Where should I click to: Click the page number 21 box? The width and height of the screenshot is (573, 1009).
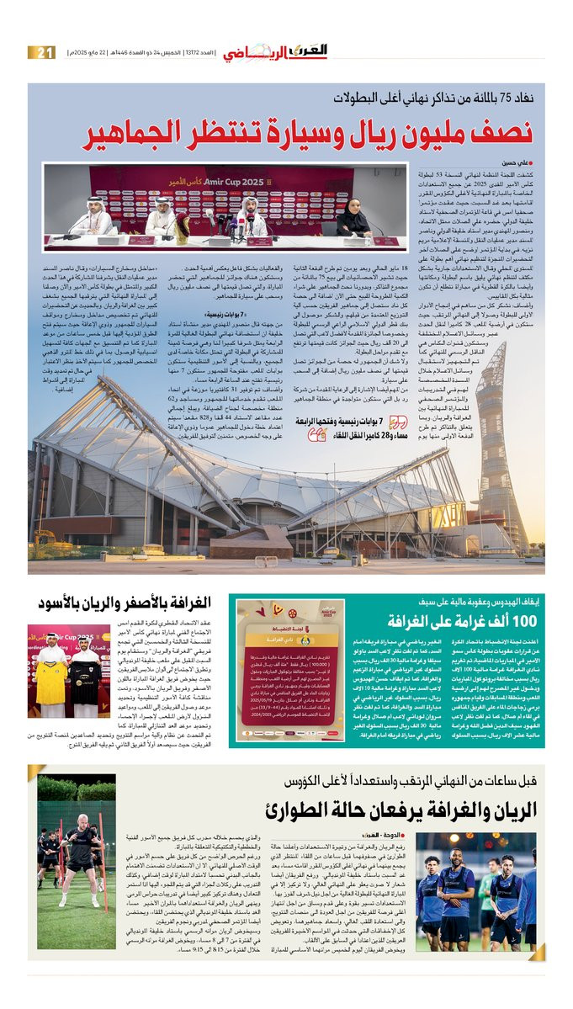pyautogui.click(x=41, y=53)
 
